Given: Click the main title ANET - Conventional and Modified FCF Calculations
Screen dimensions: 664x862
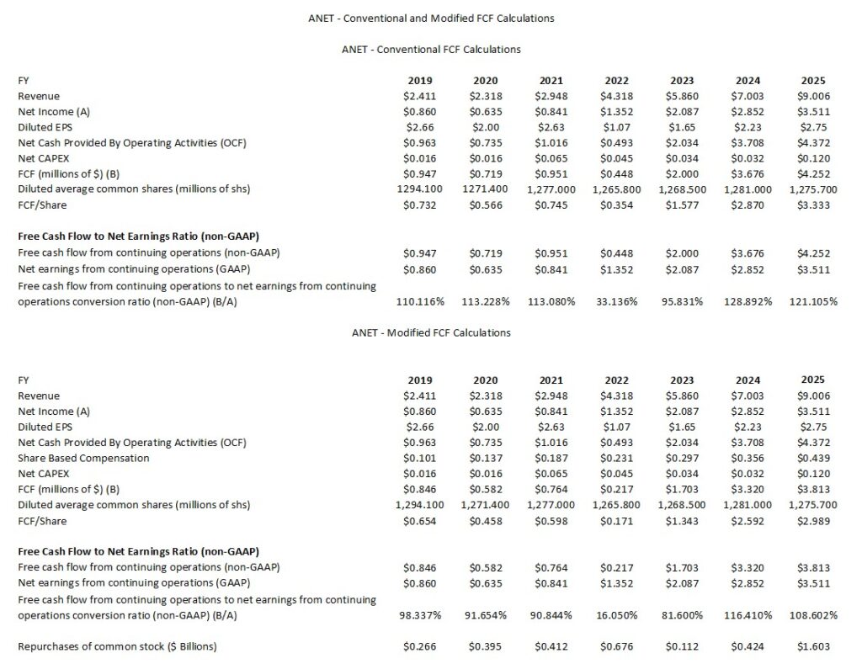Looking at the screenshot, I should [x=431, y=17].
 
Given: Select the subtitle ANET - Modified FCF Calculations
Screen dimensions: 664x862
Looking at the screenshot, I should [x=431, y=332].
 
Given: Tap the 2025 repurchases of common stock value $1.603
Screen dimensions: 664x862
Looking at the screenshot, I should [x=814, y=646].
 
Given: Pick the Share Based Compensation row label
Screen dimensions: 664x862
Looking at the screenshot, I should [x=83, y=458].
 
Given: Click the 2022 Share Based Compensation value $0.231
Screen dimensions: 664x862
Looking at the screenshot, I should [x=617, y=458].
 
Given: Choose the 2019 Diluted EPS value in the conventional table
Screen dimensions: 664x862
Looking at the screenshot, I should [x=420, y=127].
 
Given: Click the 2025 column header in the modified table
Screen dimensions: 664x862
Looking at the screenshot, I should [x=814, y=380].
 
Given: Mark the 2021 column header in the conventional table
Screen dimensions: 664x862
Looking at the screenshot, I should [x=551, y=80].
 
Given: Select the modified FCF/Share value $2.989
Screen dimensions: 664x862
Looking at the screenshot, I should [x=814, y=521].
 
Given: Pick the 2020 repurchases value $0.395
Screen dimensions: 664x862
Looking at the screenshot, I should [x=486, y=646].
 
